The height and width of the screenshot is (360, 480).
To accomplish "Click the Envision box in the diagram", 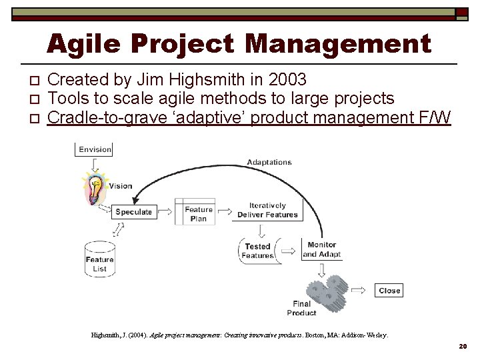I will pyautogui.click(x=95, y=149).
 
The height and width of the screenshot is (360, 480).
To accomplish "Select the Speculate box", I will pyautogui.click(x=133, y=211).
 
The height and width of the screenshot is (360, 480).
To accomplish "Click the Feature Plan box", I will pyautogui.click(x=198, y=214).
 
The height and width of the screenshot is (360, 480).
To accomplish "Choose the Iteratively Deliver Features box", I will pyautogui.click(x=267, y=210).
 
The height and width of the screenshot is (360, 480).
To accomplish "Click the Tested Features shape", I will pyautogui.click(x=257, y=251).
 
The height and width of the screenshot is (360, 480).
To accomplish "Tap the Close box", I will pyautogui.click(x=389, y=290).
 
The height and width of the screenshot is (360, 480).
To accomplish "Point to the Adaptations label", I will pyautogui.click(x=269, y=162).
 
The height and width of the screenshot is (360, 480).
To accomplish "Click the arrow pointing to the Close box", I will pyautogui.click(x=359, y=290).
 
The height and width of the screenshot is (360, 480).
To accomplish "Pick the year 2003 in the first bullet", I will pyautogui.click(x=285, y=80).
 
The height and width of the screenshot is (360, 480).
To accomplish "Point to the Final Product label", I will pyautogui.click(x=301, y=308).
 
